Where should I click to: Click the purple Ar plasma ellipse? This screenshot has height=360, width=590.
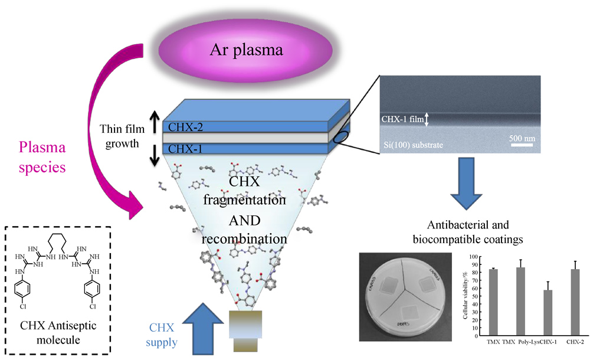click(x=247, y=51)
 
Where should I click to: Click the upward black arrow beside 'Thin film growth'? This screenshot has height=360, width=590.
click(x=155, y=120)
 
